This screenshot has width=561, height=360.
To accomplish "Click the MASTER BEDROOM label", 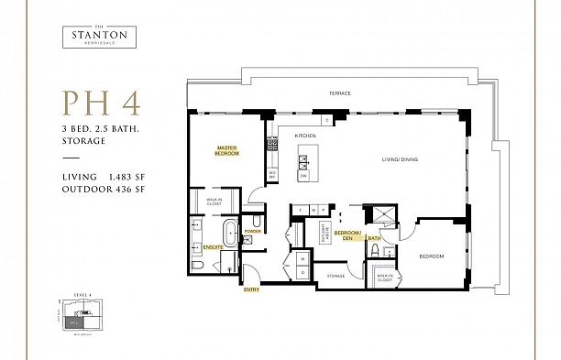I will (x=227, y=150).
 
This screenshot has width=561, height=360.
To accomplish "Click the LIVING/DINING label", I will (x=400, y=160).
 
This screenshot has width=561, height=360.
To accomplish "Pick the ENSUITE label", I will (x=213, y=247).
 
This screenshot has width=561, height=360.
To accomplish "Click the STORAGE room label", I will (x=335, y=274).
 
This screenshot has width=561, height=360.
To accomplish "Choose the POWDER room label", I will (x=253, y=231).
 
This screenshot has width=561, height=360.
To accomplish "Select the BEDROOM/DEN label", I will (x=346, y=235).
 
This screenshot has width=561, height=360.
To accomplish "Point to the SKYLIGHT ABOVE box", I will (x=324, y=231).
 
